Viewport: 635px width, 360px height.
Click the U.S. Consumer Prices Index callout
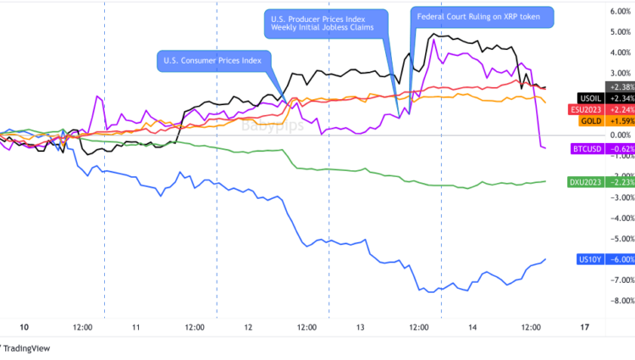click(x=213, y=60)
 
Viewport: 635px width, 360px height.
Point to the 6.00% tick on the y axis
click(x=618, y=11)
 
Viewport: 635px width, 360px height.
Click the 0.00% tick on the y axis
click(x=618, y=135)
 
